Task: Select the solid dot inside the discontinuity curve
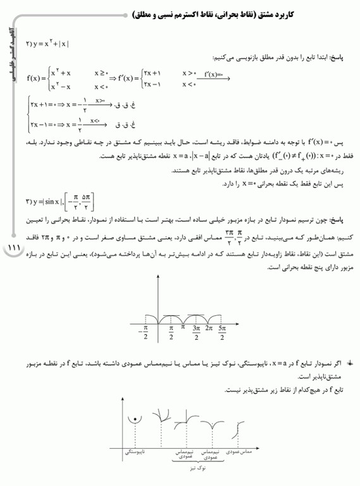point(133,420)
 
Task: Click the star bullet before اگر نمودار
point(350,365)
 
